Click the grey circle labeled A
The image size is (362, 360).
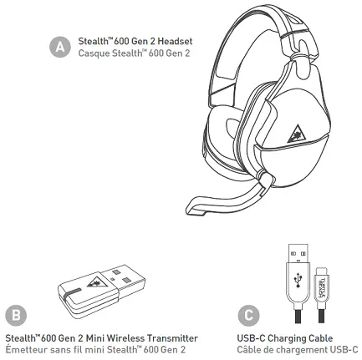60,47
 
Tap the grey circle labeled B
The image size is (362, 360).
16,315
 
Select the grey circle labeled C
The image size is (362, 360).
248,315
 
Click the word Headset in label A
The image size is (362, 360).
175,41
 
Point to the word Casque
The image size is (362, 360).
94,53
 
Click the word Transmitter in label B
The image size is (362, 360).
172,338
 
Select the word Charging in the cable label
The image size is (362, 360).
286,338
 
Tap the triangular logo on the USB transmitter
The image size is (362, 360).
94,283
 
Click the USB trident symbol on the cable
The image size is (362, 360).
298,280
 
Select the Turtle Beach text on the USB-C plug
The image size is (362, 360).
321,287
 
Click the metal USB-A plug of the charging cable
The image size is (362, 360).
298,253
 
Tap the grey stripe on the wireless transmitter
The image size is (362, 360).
71,293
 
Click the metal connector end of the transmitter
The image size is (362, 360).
124,277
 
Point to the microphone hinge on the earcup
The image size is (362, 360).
263,177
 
